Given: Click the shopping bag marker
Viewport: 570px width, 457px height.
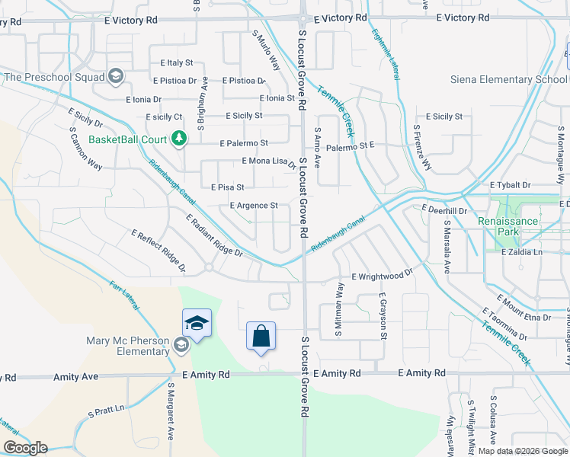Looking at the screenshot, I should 261,336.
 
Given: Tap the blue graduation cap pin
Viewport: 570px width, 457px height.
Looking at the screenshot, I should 197,324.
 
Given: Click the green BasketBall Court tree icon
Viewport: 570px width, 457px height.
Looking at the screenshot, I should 178,139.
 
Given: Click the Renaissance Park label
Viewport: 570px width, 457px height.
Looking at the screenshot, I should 530,221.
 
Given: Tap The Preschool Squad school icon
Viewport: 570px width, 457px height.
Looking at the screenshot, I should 116,75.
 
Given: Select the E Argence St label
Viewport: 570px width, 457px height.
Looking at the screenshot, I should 253,206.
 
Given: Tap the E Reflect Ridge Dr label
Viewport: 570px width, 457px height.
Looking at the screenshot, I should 159,251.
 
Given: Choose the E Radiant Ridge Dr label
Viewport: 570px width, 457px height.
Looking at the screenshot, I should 214,235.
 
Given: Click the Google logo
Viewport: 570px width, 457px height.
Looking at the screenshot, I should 24,448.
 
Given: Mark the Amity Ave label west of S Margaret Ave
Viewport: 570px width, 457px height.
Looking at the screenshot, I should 76,377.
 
